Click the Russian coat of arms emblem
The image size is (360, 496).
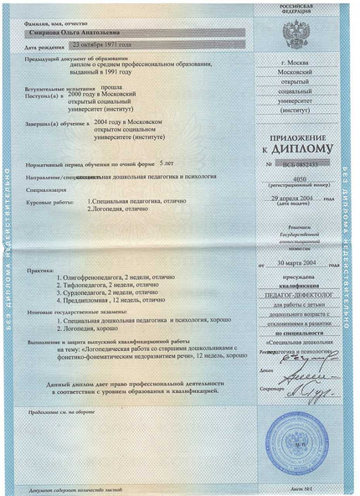pyautogui.click(x=296, y=35)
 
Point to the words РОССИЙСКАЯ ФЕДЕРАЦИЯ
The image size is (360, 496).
pyautogui.click(x=296, y=10)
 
